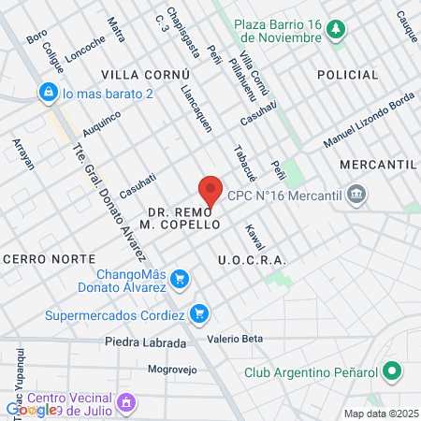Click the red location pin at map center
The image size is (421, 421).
tap(210, 190)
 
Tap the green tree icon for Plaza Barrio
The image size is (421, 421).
tap(334, 33)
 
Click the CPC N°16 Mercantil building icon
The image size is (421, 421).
tap(356, 196)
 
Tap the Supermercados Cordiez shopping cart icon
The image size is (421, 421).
tap(198, 313)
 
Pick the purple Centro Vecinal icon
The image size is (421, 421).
tap(127, 403)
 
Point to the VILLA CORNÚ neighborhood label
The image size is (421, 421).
tap(145, 74)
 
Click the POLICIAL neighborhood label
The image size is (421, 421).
tap(348, 74)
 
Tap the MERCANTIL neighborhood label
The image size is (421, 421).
tap(378, 164)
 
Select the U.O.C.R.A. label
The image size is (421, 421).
tap(251, 259)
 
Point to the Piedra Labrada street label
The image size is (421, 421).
tap(145, 342)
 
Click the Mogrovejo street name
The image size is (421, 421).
tap(176, 369)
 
